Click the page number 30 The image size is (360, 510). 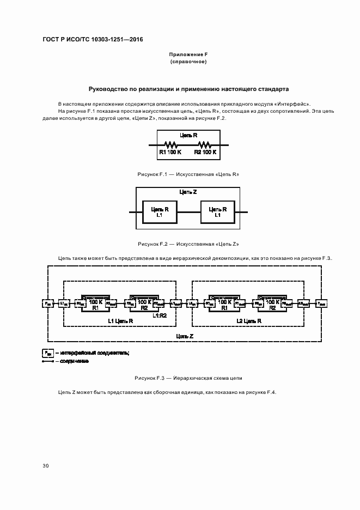[x=45, y=466]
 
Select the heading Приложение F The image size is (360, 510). [x=188, y=56]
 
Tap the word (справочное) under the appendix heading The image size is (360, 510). [x=188, y=63]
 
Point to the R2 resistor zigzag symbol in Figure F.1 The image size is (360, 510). [x=205, y=145]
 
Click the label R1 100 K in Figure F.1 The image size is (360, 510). [x=170, y=153]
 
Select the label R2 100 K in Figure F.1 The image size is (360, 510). [x=205, y=153]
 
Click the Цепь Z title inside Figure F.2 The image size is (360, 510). [x=188, y=192]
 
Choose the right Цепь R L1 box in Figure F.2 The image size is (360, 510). [x=217, y=212]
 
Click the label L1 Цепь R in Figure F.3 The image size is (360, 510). [x=121, y=321]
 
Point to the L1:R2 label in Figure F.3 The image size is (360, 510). [x=159, y=315]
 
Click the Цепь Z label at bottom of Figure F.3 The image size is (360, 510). [x=185, y=337]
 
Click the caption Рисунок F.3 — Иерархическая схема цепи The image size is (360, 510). [x=188, y=378]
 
